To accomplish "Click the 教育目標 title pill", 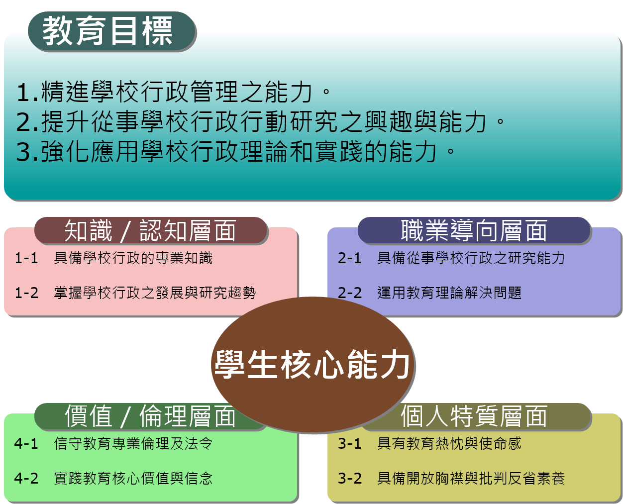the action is (112, 31).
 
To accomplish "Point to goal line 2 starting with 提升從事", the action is (260, 121).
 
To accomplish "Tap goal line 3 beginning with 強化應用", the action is (235, 151).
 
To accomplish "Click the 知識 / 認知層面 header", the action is (151, 230).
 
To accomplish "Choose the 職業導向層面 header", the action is (474, 230).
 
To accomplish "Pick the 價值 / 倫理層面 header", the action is (150, 416).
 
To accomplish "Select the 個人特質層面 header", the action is (474, 416).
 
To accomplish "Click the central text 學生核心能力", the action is (312, 364).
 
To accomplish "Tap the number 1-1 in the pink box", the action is (26, 258).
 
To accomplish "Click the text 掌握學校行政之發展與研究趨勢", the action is (155, 293).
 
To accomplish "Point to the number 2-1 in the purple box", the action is (349, 258).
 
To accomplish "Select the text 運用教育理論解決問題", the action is (449, 293).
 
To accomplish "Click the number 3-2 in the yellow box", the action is (349, 478).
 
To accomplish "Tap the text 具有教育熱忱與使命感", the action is (449, 443).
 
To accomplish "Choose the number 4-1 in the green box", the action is (26, 443).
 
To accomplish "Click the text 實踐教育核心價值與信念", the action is (133, 478).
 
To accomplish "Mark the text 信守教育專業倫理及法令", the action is (133, 443).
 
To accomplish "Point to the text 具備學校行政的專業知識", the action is (133, 258).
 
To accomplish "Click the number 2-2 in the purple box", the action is (349, 293).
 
